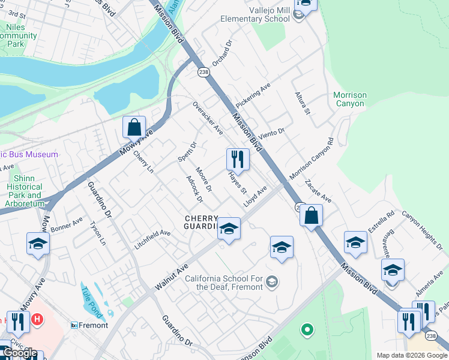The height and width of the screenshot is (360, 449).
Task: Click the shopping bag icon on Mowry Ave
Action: pyautogui.click(x=134, y=127)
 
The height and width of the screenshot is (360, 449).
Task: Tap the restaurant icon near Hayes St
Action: pyautogui.click(x=238, y=159)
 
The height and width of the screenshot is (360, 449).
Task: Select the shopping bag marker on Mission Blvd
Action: pyautogui.click(x=311, y=215)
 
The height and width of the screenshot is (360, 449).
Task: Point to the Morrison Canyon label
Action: pyautogui.click(x=350, y=99)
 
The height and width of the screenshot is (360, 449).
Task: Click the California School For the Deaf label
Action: pyautogui.click(x=224, y=283)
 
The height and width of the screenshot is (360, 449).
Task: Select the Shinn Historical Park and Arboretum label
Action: pyautogui.click(x=25, y=191)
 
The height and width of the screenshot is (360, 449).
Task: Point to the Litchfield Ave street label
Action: pyautogui.click(x=152, y=239)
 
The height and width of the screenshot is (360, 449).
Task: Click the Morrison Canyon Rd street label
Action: pyautogui.click(x=311, y=160)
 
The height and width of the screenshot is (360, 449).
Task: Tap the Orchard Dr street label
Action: pyautogui.click(x=221, y=55)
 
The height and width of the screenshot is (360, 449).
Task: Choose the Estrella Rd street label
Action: pyautogui.click(x=381, y=221)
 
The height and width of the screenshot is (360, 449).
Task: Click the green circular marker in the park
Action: pyautogui.click(x=307, y=329)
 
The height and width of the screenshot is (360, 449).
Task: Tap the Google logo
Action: pyautogui.click(x=20, y=353)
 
